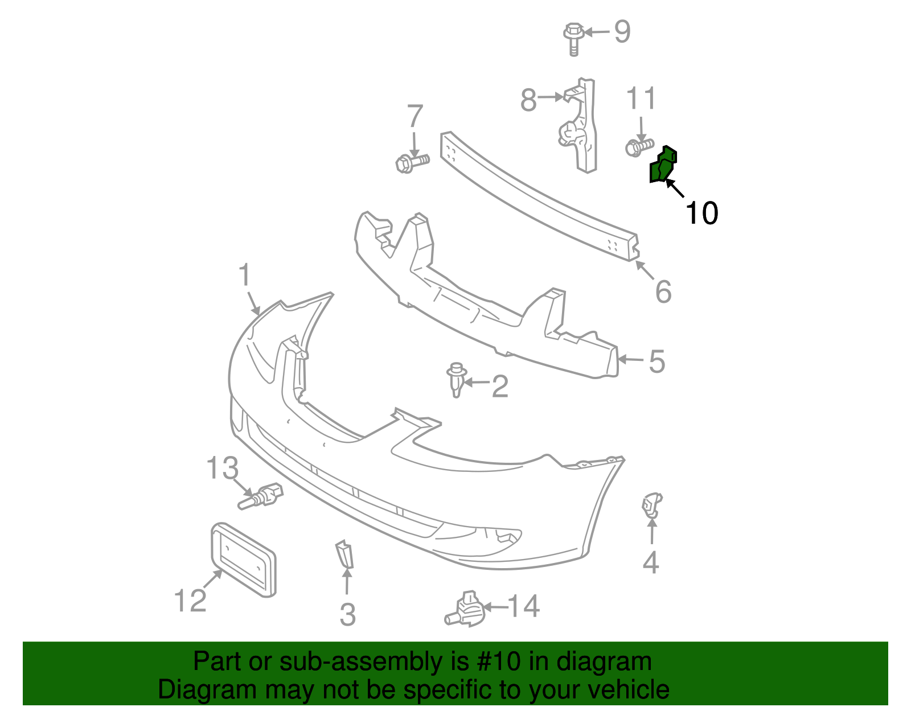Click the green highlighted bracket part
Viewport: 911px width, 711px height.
(662, 166)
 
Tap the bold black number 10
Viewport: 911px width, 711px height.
(701, 213)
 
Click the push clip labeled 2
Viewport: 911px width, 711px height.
(456, 380)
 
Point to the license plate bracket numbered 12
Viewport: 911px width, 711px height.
(243, 560)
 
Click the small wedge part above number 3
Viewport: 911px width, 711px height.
(345, 554)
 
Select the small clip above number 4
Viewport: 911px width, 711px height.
(651, 505)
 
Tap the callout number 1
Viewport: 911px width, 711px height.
(244, 276)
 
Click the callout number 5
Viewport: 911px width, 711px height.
(656, 361)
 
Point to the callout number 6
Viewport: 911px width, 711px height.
(663, 291)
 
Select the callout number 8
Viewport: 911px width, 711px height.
(528, 101)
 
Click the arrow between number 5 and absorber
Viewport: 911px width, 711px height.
(630, 359)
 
